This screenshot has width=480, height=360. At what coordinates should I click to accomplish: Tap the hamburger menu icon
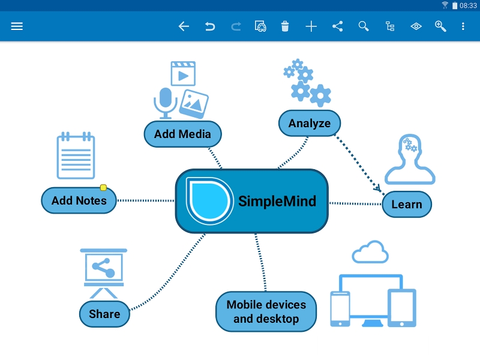(x=17, y=26)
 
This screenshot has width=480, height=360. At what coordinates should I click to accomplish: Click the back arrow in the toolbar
(x=184, y=26)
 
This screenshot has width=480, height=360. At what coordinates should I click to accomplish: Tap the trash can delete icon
(x=285, y=26)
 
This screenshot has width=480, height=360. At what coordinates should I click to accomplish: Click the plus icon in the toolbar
(x=311, y=26)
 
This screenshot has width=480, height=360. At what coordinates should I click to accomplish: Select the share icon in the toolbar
(x=337, y=26)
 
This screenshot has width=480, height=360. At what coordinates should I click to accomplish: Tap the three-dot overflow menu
(x=463, y=26)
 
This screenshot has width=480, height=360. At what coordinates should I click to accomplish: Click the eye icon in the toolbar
(x=416, y=26)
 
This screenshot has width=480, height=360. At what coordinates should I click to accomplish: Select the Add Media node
(x=182, y=134)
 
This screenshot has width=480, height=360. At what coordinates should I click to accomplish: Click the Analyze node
(x=309, y=124)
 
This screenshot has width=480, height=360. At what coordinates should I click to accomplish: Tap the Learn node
(x=406, y=204)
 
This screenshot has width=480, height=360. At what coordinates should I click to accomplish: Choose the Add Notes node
(x=79, y=200)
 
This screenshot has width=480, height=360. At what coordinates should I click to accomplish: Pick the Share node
(x=104, y=314)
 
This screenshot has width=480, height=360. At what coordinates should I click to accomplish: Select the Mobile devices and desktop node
(x=266, y=311)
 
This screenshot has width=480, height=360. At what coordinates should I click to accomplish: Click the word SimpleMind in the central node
(x=277, y=201)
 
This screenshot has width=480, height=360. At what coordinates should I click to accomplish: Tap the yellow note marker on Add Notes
(x=103, y=188)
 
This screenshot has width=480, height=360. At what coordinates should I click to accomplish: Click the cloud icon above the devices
(x=370, y=252)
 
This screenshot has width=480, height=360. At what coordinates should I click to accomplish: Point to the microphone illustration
(x=165, y=102)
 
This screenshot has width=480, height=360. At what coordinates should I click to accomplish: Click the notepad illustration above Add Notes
(x=76, y=156)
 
